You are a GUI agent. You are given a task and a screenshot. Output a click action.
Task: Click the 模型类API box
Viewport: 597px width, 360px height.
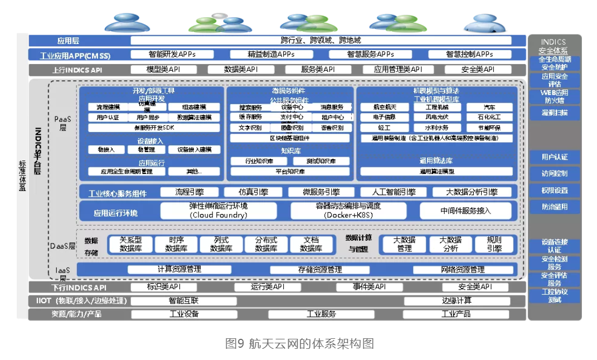(163, 70)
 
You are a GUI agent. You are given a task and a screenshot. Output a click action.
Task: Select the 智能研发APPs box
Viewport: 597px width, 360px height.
(172, 55)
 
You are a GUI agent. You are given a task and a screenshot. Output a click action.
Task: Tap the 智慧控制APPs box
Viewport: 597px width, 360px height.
(469, 55)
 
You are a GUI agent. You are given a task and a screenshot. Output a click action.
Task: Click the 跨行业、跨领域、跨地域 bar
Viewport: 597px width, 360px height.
(321, 40)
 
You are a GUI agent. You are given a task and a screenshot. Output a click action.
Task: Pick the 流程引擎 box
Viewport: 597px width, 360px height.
(190, 192)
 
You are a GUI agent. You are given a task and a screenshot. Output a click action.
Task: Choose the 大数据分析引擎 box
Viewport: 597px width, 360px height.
(472, 192)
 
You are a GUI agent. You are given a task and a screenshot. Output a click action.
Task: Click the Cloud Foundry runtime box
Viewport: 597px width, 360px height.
(219, 210)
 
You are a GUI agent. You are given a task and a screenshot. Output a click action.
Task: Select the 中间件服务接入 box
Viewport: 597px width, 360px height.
(465, 210)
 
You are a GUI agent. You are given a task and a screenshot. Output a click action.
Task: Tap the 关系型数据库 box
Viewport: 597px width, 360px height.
(131, 244)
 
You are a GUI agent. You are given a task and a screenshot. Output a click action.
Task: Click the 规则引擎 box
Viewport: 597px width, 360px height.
(494, 244)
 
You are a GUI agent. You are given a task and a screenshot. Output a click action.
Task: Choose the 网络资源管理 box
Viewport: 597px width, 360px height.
(462, 270)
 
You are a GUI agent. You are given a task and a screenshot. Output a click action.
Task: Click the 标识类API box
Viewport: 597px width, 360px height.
(163, 287)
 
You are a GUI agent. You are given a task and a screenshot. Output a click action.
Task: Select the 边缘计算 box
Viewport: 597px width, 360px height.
(457, 300)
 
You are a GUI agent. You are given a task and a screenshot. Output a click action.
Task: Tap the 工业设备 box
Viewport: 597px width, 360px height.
(184, 314)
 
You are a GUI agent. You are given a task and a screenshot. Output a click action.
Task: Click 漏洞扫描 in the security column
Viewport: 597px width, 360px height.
(554, 113)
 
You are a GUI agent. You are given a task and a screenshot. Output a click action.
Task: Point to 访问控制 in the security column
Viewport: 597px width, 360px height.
(554, 173)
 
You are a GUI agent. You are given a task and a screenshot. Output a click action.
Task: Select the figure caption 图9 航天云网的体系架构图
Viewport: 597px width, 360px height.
(299, 343)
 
